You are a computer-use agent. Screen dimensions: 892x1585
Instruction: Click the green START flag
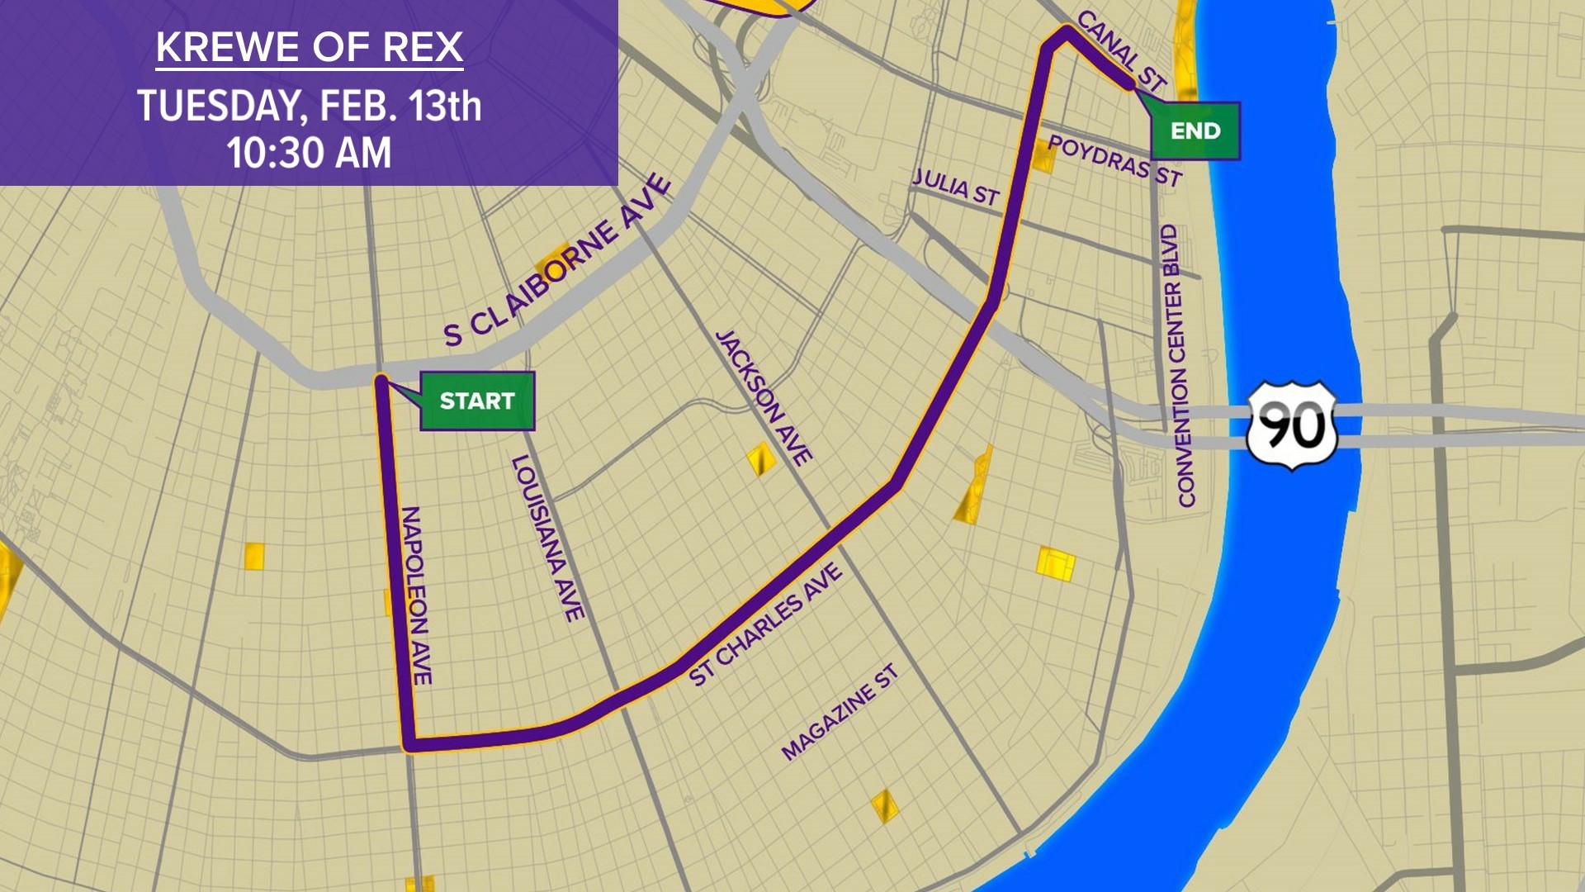[477, 401]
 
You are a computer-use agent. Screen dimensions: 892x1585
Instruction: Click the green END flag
[1195, 130]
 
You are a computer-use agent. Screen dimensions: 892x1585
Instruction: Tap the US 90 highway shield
[1291, 425]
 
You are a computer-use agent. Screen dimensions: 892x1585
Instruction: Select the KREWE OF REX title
[309, 47]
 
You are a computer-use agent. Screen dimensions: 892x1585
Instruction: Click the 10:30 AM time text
[309, 154]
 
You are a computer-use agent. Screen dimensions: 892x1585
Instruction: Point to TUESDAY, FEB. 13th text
[309, 107]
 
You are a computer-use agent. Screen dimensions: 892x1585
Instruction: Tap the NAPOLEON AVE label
[415, 595]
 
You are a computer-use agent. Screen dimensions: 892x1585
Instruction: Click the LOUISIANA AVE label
[547, 539]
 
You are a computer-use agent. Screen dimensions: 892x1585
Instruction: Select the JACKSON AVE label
[764, 398]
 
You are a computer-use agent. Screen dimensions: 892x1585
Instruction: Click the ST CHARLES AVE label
[765, 624]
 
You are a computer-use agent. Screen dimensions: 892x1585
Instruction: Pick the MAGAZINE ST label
[839, 713]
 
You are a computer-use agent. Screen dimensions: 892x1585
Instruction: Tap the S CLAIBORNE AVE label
[558, 261]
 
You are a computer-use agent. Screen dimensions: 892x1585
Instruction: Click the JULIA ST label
[955, 187]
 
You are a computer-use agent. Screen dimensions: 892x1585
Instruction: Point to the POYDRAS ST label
[1114, 160]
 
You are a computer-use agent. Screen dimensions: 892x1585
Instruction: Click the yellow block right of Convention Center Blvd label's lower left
[1056, 563]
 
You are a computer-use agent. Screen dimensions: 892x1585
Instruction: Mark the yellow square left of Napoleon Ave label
[254, 556]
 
